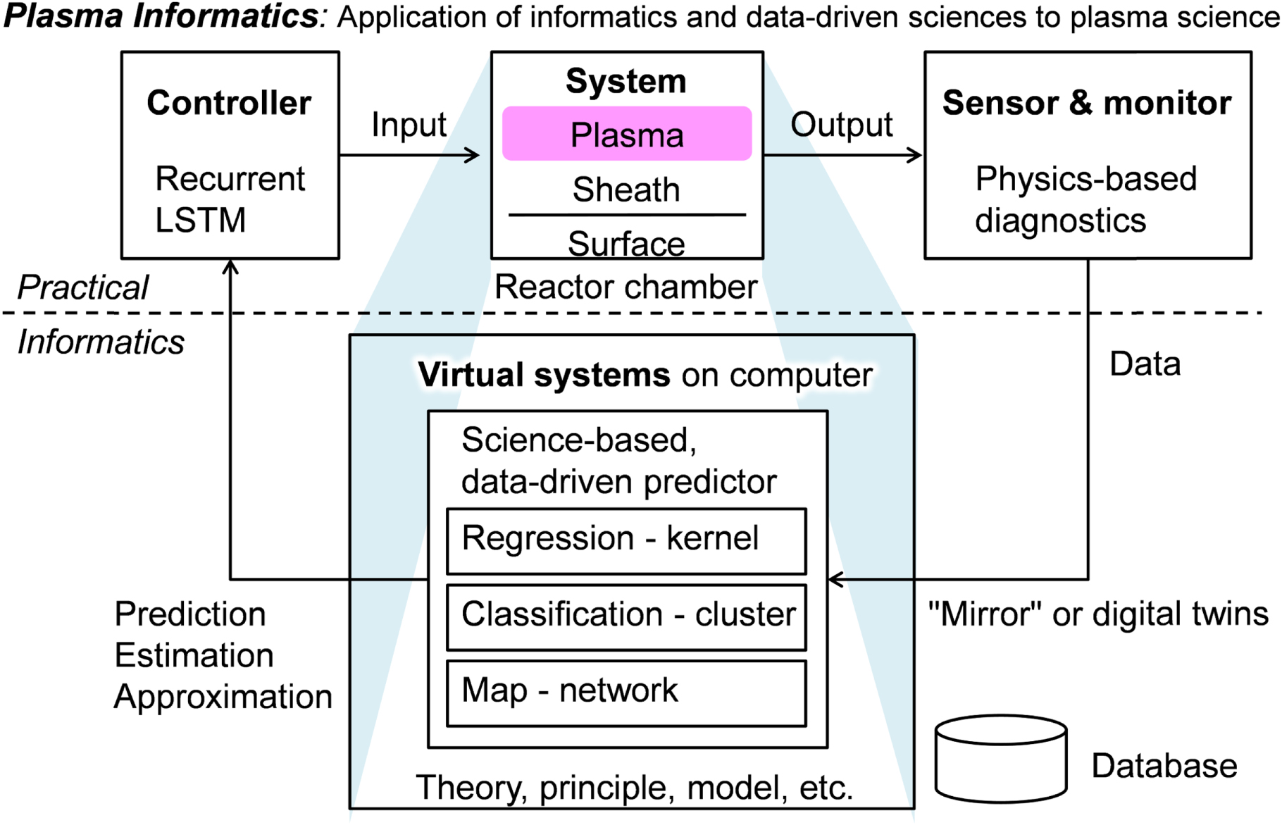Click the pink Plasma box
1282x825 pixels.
click(x=626, y=134)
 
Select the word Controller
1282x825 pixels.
click(x=229, y=103)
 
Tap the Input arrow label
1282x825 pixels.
click(x=409, y=125)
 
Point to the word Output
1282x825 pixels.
click(x=841, y=125)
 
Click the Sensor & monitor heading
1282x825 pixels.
click(x=1087, y=103)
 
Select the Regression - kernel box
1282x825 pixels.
click(x=626, y=540)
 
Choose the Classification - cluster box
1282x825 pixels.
click(x=626, y=616)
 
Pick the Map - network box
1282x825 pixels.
click(x=626, y=693)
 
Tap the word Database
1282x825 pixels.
click(x=1164, y=766)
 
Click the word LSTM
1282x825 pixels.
click(x=201, y=221)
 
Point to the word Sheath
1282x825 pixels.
click(x=626, y=190)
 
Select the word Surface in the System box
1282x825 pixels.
click(x=626, y=244)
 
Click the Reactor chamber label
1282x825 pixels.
click(x=626, y=287)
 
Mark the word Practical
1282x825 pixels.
click(x=83, y=287)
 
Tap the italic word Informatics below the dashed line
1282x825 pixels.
click(x=101, y=342)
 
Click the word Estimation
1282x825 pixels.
click(x=194, y=656)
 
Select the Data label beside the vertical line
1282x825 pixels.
click(x=1145, y=364)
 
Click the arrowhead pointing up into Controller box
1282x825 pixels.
click(x=230, y=267)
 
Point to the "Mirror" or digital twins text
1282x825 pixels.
click(x=1098, y=614)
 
